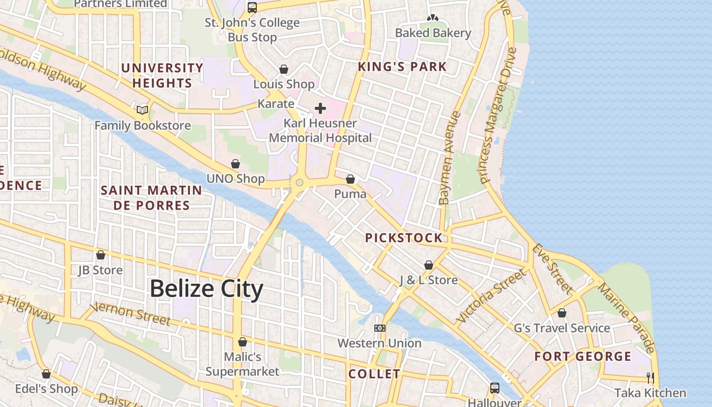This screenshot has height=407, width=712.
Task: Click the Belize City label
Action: (x=206, y=289)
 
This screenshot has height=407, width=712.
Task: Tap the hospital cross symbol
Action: (x=320, y=108)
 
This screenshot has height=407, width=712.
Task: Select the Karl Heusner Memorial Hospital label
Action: (x=320, y=131)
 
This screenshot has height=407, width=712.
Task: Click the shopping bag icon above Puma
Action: (x=350, y=179)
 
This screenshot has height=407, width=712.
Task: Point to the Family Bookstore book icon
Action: (x=142, y=110)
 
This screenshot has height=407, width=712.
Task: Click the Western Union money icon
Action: (x=380, y=328)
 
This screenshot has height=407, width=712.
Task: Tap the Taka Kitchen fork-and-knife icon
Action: (x=650, y=377)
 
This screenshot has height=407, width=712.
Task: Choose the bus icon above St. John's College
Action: (x=252, y=8)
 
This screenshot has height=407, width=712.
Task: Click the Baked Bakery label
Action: (x=433, y=33)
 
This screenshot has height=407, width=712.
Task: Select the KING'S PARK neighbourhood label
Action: (x=402, y=67)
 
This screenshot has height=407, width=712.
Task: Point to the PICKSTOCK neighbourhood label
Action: (x=404, y=238)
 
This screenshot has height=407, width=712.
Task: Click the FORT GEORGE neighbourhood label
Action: (x=583, y=357)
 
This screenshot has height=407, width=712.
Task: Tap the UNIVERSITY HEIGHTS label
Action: (x=162, y=75)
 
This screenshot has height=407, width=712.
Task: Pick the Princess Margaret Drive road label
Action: (x=498, y=116)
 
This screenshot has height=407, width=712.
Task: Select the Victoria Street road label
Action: (x=491, y=296)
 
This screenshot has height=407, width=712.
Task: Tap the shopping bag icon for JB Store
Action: (x=101, y=255)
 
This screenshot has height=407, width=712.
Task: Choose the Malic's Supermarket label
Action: (x=243, y=364)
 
